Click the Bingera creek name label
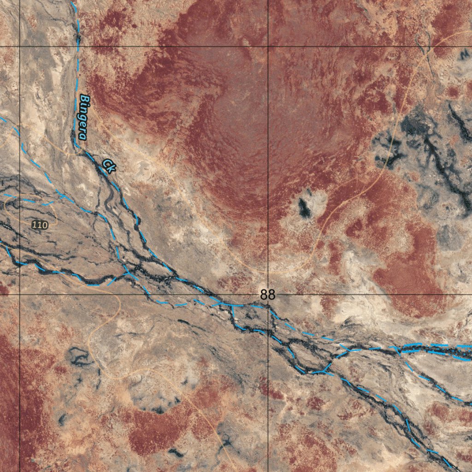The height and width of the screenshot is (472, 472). (x=83, y=117)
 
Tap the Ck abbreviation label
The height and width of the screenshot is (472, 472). (x=108, y=165)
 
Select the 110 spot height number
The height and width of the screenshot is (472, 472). (x=40, y=225)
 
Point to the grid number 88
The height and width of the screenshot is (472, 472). (x=267, y=295)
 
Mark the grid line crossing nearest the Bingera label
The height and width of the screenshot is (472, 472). (x=19, y=47)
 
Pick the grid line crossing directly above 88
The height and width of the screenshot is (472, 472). (x=268, y=47)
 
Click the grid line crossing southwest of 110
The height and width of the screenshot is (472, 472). (x=19, y=294)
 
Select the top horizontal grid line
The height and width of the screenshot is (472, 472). (x=138, y=47)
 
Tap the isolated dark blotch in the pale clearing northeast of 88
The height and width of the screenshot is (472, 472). (x=304, y=207)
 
